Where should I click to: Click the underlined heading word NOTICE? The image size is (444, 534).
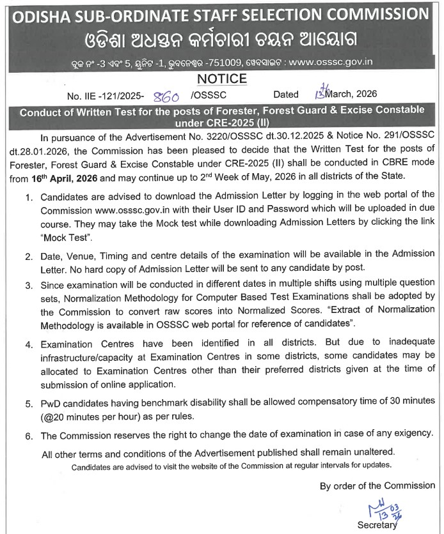[x=222, y=79]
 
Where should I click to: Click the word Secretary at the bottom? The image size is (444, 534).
[x=377, y=525]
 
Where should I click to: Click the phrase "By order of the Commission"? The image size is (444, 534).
[x=377, y=485]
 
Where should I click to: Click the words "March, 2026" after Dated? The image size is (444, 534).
[x=352, y=94]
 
